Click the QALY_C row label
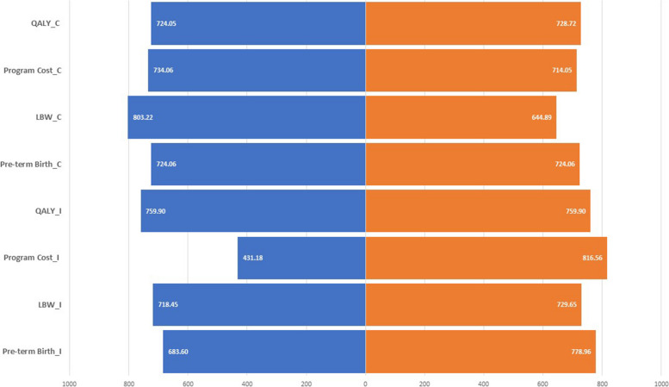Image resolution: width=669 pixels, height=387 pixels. (46, 23)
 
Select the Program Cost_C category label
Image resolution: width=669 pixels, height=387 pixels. (33, 71)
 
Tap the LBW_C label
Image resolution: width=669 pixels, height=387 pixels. (48, 117)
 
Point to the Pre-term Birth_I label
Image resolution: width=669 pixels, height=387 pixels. (32, 351)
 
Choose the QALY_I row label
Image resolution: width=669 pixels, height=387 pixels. (48, 211)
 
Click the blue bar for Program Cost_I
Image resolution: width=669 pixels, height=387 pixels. (301, 258)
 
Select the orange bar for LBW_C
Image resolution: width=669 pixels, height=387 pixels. (461, 117)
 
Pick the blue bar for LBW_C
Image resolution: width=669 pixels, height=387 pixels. (246, 117)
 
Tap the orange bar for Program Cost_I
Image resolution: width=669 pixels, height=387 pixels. (486, 258)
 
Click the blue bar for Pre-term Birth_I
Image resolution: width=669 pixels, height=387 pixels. (264, 352)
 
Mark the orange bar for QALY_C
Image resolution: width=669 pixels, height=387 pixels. (473, 23)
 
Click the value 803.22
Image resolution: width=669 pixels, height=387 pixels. (143, 117)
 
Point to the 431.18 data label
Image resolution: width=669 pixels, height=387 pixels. (253, 258)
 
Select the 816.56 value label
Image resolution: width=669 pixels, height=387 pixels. (592, 258)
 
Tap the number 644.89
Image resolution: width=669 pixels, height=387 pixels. (542, 117)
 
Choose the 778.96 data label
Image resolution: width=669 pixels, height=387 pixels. (581, 352)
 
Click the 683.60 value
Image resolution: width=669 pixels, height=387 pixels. (178, 352)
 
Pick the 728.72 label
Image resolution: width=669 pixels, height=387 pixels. (567, 23)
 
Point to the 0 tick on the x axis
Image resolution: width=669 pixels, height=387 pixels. (365, 384)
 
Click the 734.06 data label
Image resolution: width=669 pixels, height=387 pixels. (164, 70)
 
